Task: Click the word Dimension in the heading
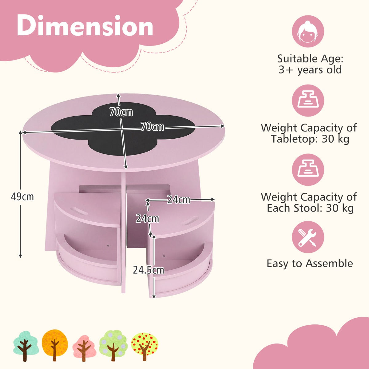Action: (85, 26)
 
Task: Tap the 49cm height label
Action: (22, 196)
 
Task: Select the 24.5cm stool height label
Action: (148, 270)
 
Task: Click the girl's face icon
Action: (308, 31)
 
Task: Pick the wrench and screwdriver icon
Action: (308, 237)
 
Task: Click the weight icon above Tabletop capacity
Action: (308, 101)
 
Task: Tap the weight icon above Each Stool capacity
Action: (308, 169)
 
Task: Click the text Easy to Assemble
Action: (310, 264)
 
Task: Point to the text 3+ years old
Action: (310, 70)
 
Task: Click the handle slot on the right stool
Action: (190, 220)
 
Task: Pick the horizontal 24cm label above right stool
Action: (178, 200)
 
